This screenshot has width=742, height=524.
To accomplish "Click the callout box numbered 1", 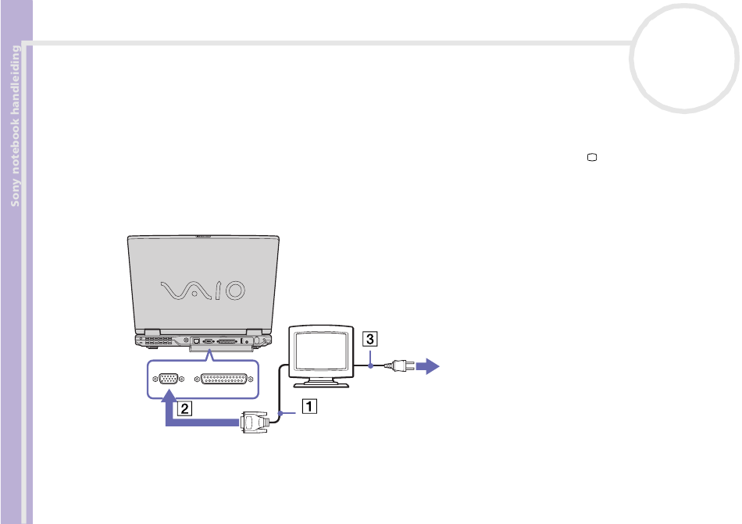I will pos(310,406).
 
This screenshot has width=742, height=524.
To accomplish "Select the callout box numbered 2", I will pos(183,407).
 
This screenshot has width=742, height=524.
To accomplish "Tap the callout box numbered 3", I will pos(369,340).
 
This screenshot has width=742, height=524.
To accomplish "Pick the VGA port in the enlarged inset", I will pos(167,379).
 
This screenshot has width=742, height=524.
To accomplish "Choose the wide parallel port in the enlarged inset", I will pos(224,379).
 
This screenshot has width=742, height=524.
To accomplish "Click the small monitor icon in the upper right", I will pos(592,158).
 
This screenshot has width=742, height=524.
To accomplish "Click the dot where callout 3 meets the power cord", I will pos(369,364).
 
